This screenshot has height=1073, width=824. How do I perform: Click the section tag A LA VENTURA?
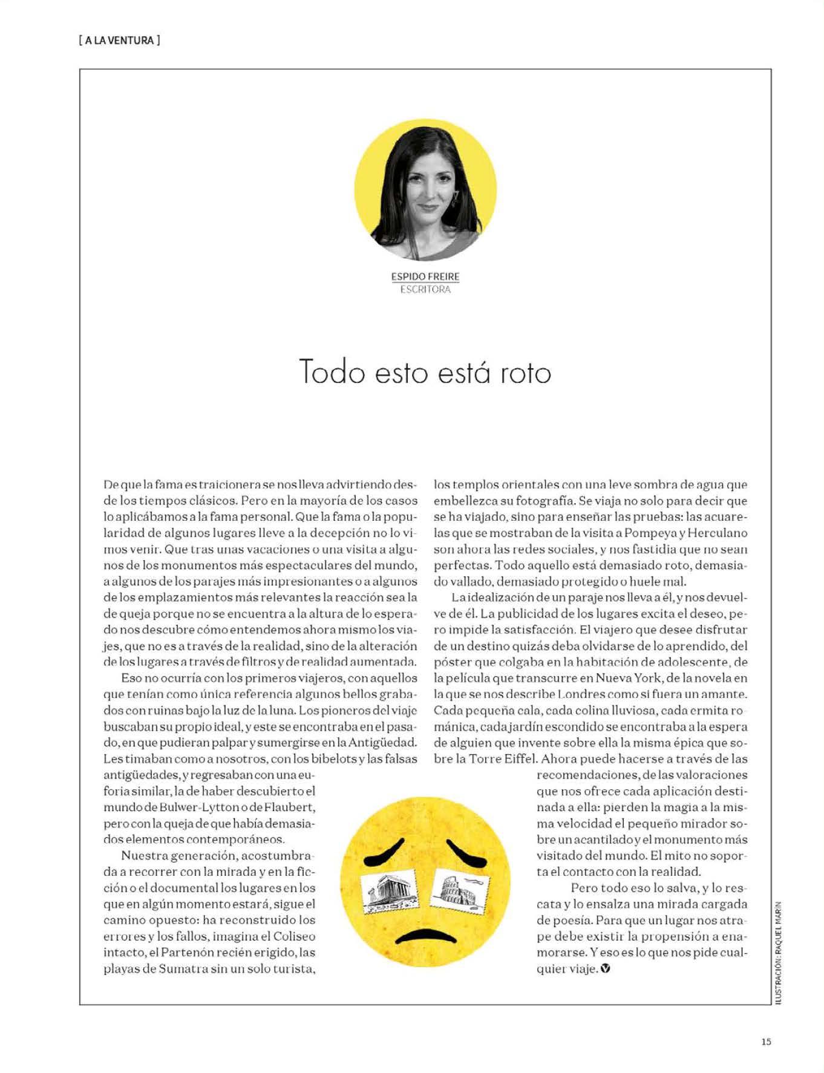click(119, 41)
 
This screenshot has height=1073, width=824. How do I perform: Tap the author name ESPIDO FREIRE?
click(425, 276)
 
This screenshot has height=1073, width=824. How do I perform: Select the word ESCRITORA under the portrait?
click(425, 289)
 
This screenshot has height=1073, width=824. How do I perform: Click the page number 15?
click(766, 1042)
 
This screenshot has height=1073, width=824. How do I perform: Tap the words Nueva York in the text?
click(627, 678)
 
